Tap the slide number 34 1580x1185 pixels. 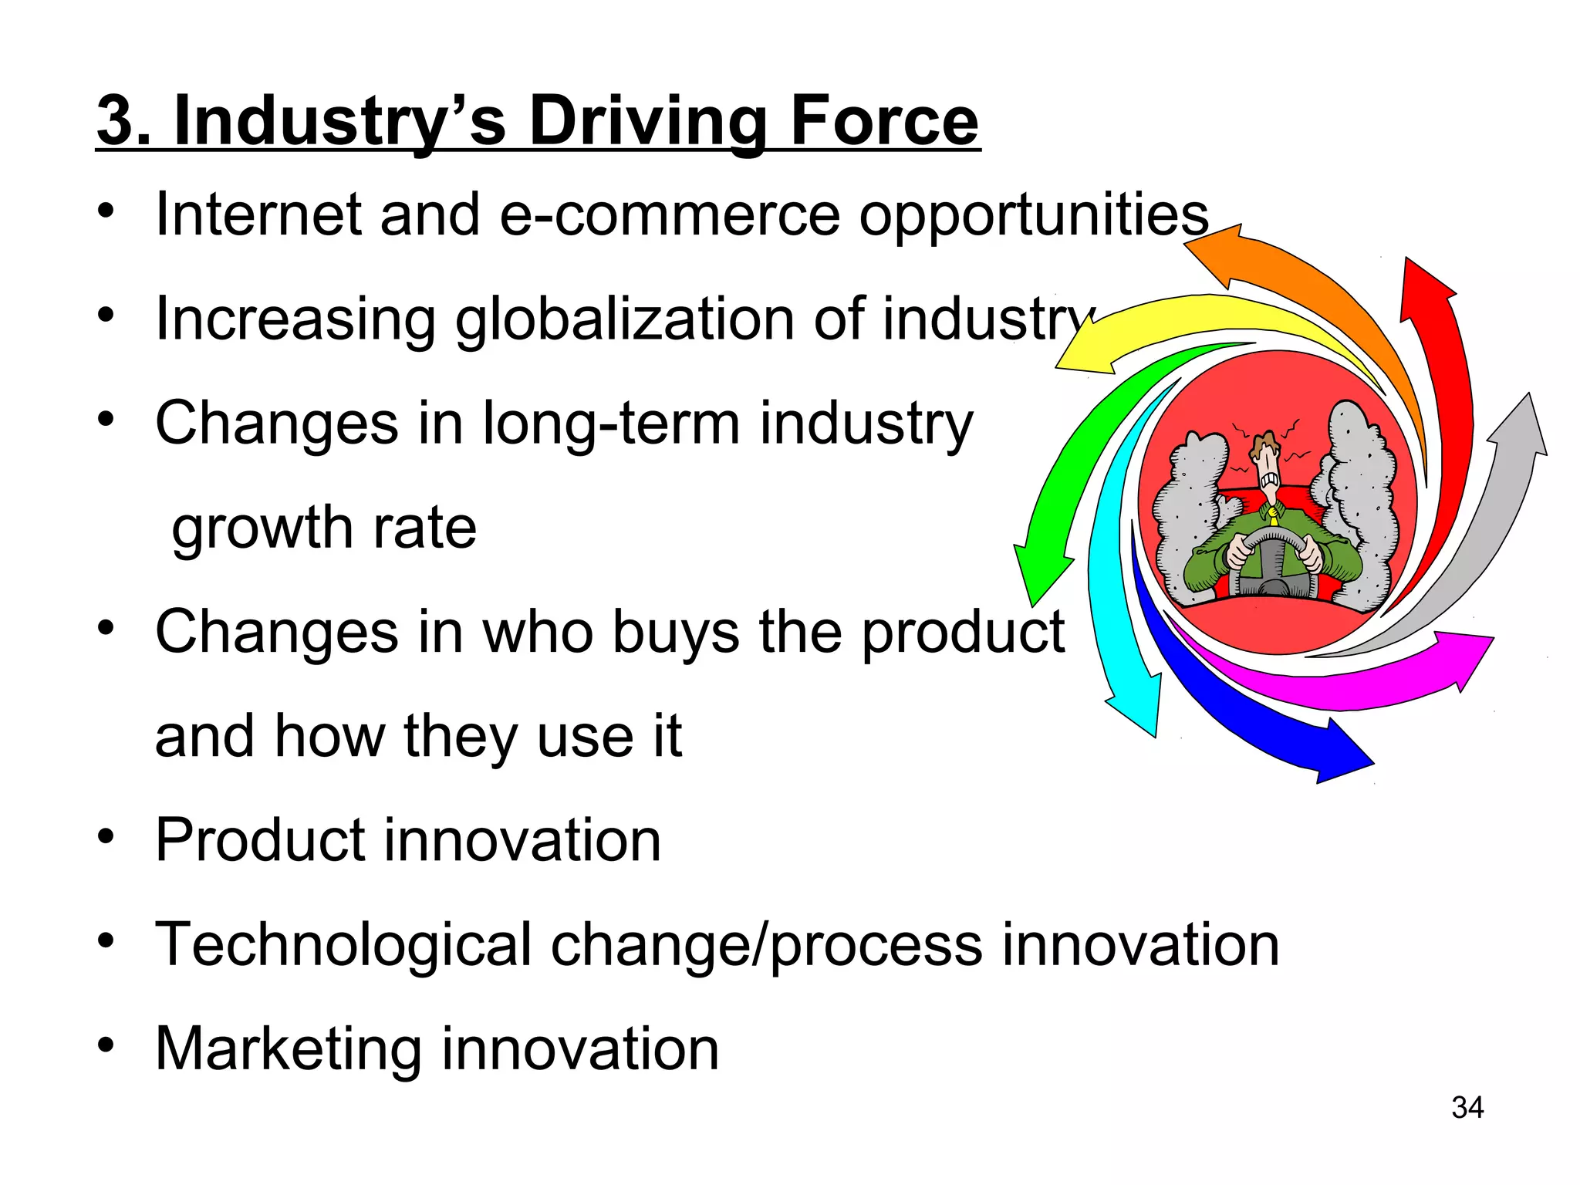1467,1108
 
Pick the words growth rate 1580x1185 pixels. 324,529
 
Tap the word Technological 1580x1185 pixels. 343,945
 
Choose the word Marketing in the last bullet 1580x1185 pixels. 288,1049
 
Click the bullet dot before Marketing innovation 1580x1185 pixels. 106,1046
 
